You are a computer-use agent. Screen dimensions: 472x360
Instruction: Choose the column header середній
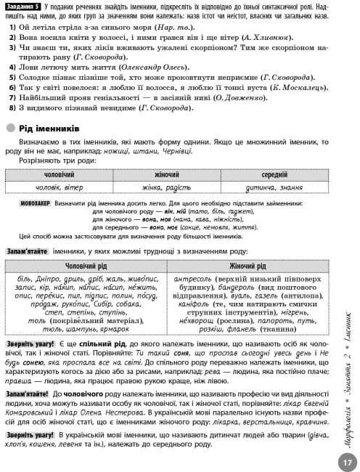pos(274,175)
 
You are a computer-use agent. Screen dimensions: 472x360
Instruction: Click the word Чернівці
pos(157,151)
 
